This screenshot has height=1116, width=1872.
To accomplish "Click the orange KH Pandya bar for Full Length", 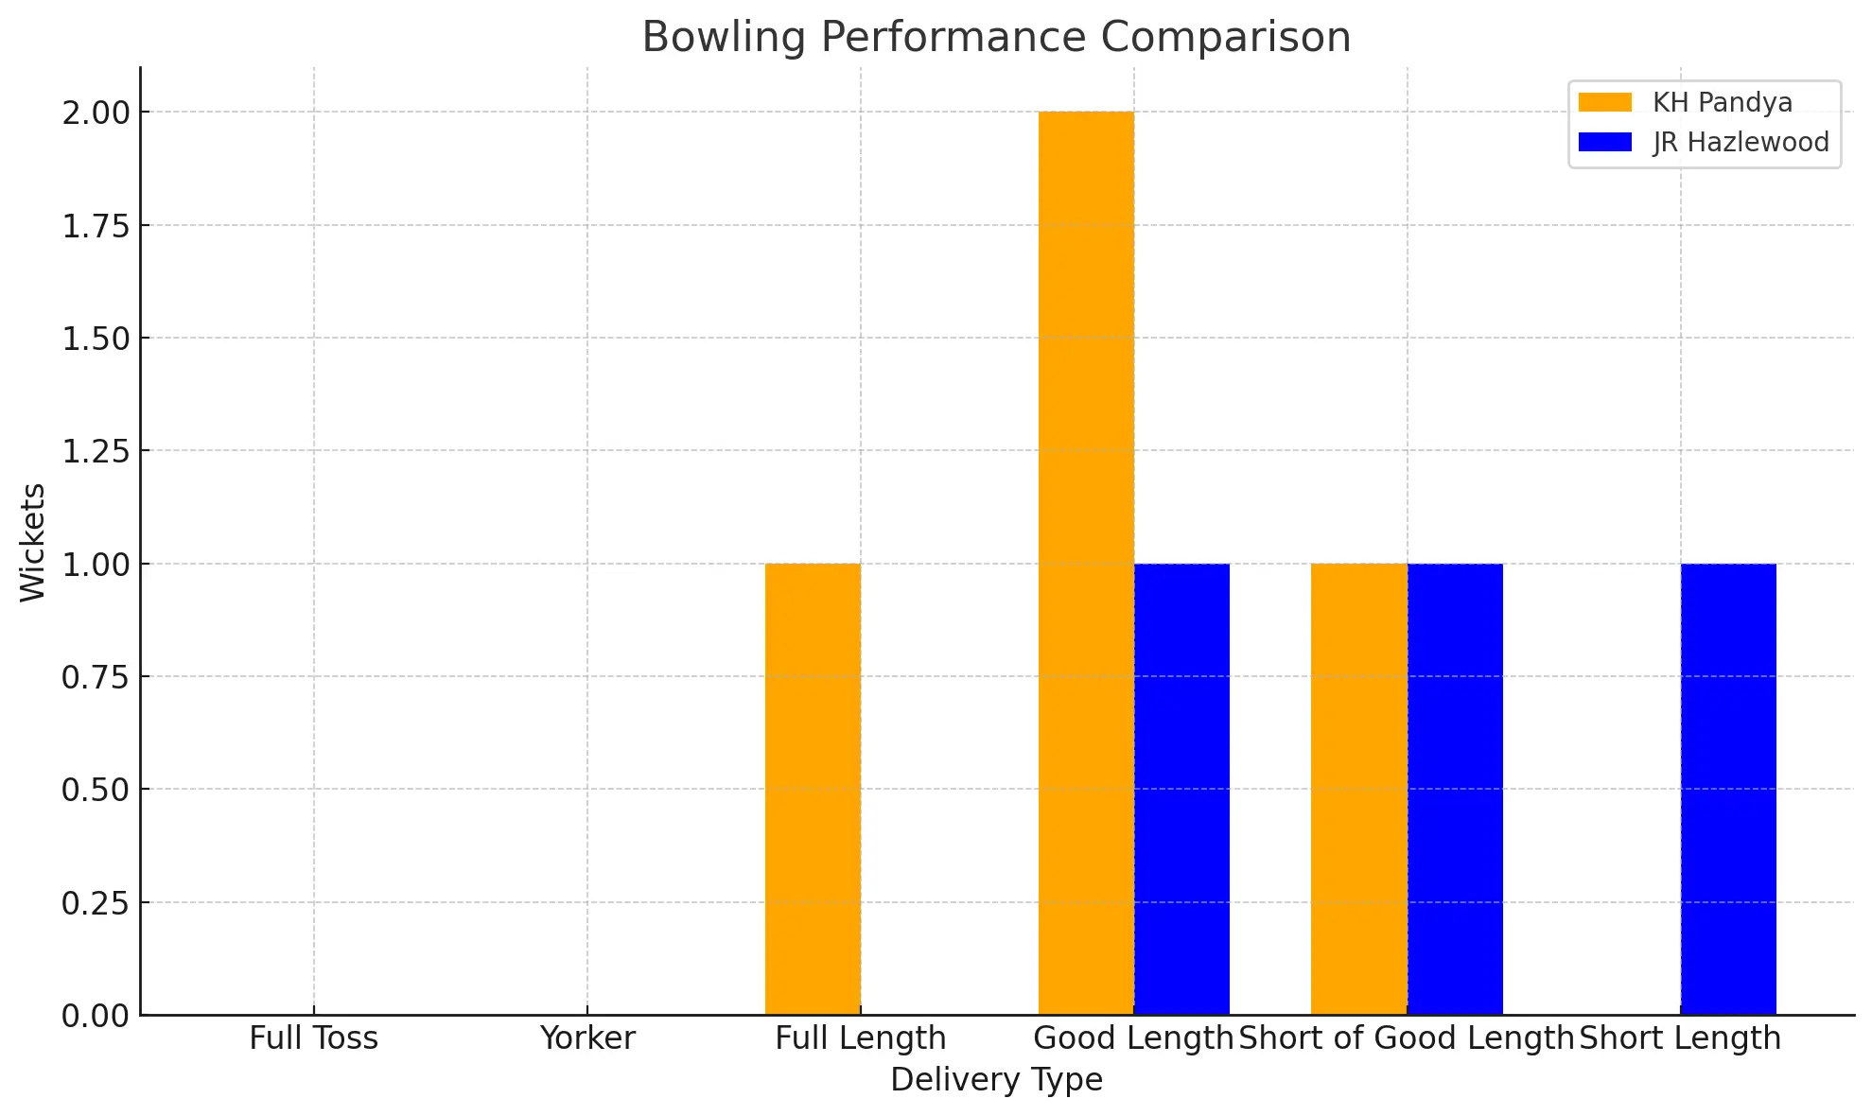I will tap(813, 789).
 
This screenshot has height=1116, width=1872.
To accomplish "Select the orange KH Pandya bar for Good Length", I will tap(1086, 563).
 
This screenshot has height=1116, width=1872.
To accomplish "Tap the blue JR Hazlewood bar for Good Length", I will tap(1181, 789).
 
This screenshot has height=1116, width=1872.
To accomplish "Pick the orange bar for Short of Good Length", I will tap(1358, 789).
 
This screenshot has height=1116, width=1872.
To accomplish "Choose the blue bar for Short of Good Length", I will tap(1455, 789).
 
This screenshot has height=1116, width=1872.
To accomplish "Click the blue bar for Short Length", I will tap(1728, 789).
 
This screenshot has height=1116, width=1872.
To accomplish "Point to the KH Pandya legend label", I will tap(1722, 102).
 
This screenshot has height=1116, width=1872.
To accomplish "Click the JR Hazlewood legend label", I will tap(1741, 142).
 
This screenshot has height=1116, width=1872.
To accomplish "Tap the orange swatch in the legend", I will tap(1605, 102).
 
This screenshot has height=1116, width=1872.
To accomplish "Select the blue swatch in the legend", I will tap(1605, 142).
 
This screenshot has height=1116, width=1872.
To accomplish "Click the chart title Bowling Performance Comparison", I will tap(996, 38).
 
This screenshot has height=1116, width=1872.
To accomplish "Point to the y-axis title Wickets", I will tap(33, 542).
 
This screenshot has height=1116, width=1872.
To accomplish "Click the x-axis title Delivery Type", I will tap(996, 1079).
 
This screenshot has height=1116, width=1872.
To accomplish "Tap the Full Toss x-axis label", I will tap(313, 1038).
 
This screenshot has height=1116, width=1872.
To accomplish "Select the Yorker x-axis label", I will tap(587, 1038).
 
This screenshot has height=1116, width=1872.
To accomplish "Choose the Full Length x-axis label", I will tap(860, 1038).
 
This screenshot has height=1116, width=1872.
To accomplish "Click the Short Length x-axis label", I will tap(1679, 1038).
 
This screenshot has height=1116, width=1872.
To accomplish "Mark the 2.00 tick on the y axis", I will tap(95, 113).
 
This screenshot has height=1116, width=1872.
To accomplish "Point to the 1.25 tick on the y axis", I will tap(95, 451).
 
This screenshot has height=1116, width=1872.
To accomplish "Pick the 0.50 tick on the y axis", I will tap(95, 790).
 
